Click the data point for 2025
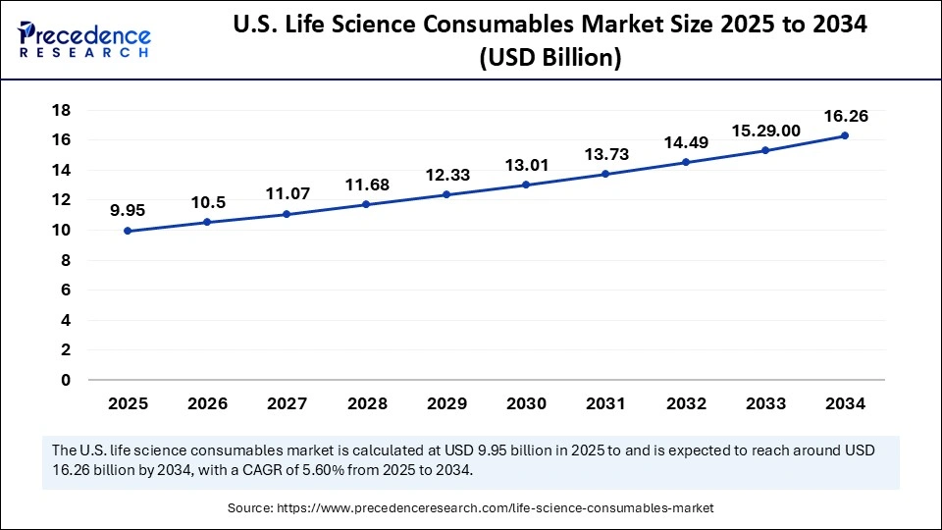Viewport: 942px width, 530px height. pyautogui.click(x=128, y=231)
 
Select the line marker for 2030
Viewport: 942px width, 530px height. pyautogui.click(x=526, y=185)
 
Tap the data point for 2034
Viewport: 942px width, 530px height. pyautogui.click(x=844, y=135)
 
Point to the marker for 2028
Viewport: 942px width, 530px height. pyautogui.click(x=366, y=204)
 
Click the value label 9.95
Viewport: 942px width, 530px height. pyautogui.click(x=128, y=209)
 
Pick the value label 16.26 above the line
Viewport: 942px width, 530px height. pyautogui.click(x=844, y=116)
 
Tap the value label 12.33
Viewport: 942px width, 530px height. pyautogui.click(x=446, y=175)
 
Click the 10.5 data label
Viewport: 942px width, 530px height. pyautogui.click(x=207, y=201)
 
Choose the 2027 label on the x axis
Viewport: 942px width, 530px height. pyautogui.click(x=287, y=403)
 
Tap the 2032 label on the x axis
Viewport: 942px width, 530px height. pyautogui.click(x=685, y=403)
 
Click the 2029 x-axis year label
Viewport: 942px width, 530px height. pyautogui.click(x=446, y=403)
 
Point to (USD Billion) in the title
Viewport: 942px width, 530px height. pyautogui.click(x=549, y=58)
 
